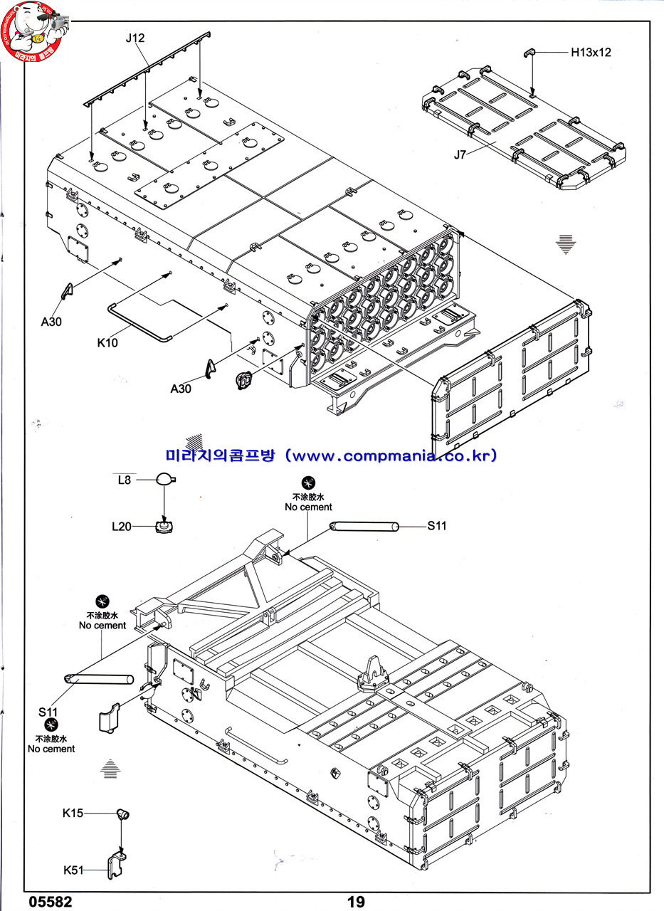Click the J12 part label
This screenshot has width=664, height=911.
coord(135,38)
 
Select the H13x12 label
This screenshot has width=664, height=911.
coord(590,52)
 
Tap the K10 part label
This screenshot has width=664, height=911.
coord(107,342)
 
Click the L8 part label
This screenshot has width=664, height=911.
coord(125,480)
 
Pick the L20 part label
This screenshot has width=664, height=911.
coord(122,527)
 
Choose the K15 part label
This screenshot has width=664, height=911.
coord(73,813)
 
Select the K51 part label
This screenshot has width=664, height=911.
coord(73,870)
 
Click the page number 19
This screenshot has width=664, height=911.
coord(356,902)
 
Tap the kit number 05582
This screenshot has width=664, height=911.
coord(51,902)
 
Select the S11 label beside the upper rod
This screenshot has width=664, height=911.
coord(437,526)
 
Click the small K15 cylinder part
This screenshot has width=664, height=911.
coord(122,813)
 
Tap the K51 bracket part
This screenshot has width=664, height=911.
coord(118,864)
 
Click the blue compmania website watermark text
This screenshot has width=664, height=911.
coord(331,455)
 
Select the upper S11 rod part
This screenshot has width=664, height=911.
coord(364,527)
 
